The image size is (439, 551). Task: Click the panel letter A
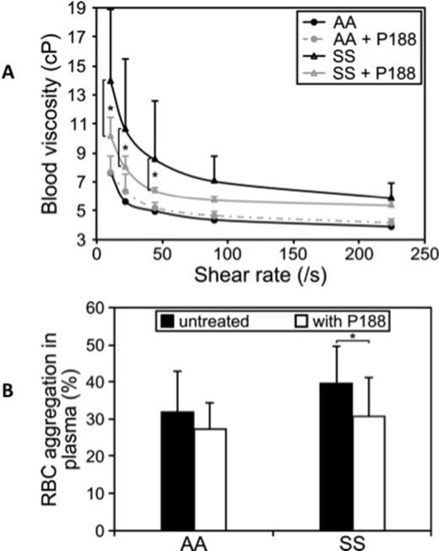pyautogui.click(x=9, y=73)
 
